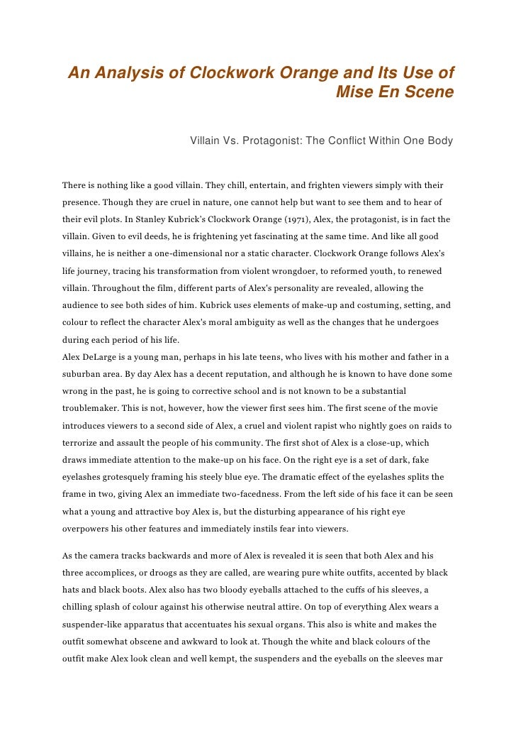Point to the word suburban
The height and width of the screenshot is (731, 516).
pyautogui.click(x=84, y=374)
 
